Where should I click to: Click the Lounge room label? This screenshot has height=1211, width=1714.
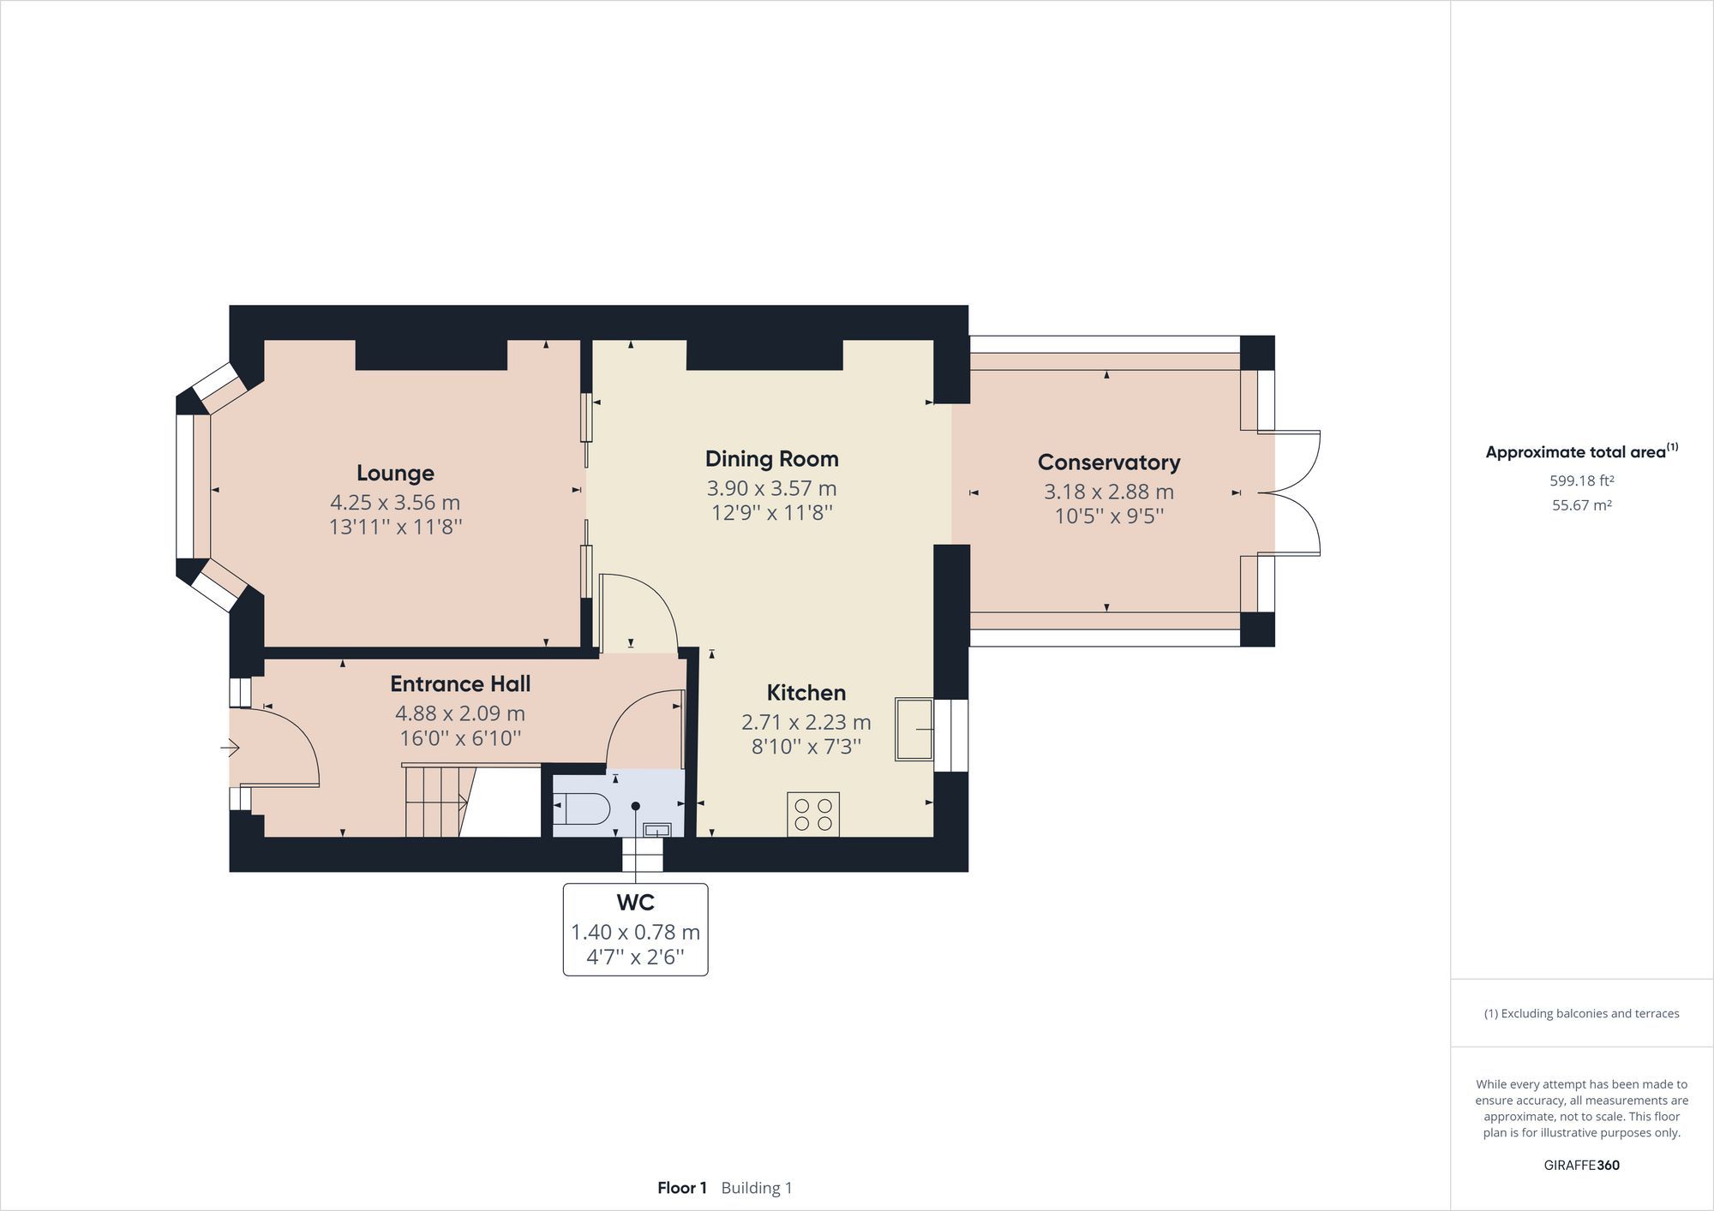pyautogui.click(x=395, y=473)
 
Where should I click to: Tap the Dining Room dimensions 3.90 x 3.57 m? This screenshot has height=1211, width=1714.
pyautogui.click(x=771, y=488)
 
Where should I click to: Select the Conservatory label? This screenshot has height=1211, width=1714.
pyautogui.click(x=1108, y=462)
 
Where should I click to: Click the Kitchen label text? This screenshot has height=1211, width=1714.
pyautogui.click(x=806, y=692)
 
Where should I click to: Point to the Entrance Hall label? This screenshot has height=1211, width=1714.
pyautogui.click(x=460, y=683)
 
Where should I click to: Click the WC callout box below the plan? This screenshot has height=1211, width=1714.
pyautogui.click(x=635, y=929)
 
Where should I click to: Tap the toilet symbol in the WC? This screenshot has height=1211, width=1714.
pyautogui.click(x=584, y=808)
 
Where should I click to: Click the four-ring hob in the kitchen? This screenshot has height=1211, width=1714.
pyautogui.click(x=813, y=814)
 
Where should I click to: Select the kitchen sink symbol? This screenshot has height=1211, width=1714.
pyautogui.click(x=914, y=729)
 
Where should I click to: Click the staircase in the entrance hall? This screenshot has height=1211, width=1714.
pyautogui.click(x=437, y=802)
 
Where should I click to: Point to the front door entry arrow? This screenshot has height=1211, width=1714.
pyautogui.click(x=230, y=749)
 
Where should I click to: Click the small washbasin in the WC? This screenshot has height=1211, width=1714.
pyautogui.click(x=658, y=829)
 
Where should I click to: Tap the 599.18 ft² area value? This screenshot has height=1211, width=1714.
pyautogui.click(x=1581, y=480)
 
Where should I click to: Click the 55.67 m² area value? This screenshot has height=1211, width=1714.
pyautogui.click(x=1581, y=505)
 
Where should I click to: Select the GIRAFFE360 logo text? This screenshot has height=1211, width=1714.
pyautogui.click(x=1581, y=1165)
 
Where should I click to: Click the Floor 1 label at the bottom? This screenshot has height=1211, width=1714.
pyautogui.click(x=681, y=1188)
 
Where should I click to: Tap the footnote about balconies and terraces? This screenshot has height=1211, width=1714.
pyautogui.click(x=1581, y=1013)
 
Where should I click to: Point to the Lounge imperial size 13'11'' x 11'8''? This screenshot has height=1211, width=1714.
pyautogui.click(x=395, y=527)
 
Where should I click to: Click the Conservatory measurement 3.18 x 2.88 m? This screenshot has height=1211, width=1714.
pyautogui.click(x=1108, y=492)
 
